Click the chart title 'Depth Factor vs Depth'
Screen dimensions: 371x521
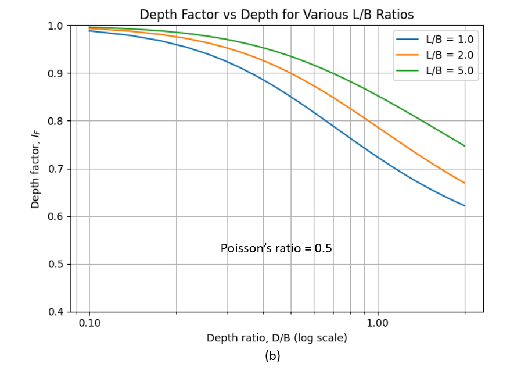click(276, 14)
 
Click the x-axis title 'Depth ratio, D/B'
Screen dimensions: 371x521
click(276, 338)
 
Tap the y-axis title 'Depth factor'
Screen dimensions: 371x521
click(35, 169)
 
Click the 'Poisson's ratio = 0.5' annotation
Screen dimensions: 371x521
click(276, 248)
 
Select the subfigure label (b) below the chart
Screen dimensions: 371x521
click(272, 356)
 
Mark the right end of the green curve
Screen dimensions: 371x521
click(465, 146)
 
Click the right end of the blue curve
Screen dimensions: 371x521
click(465, 206)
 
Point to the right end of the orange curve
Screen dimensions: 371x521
click(465, 183)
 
